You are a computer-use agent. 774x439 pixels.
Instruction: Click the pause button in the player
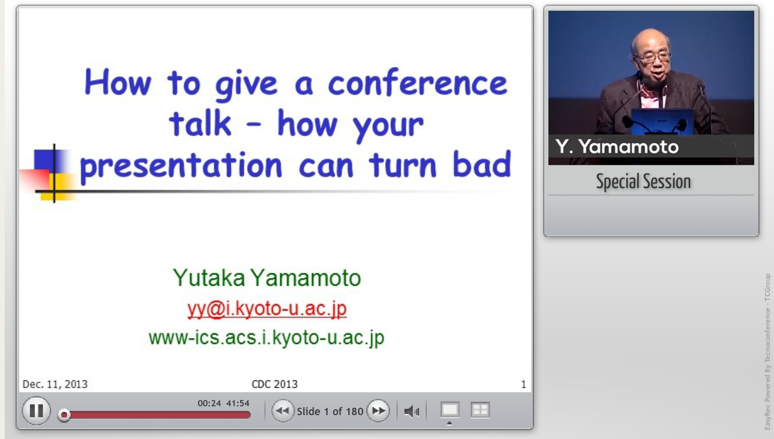36,410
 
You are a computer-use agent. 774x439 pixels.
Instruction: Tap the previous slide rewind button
283,410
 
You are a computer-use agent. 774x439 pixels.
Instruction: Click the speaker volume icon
412,411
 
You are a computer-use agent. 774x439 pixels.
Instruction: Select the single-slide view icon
450,410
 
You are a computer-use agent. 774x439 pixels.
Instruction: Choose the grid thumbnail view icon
480,410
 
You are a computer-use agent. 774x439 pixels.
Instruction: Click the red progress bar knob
64,415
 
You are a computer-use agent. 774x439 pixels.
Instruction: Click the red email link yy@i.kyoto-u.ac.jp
267,309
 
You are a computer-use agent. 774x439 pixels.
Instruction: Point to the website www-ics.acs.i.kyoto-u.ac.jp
267,338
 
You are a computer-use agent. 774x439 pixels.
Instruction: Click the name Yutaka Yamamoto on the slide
267,278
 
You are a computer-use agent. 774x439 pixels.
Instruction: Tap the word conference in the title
417,83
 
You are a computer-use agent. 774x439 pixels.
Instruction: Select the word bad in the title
482,164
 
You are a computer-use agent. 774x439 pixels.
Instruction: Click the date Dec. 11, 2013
55,384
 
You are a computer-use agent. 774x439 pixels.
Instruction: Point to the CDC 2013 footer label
274,384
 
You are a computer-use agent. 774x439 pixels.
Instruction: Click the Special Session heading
644,181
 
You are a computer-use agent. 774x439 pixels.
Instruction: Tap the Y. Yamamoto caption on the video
617,147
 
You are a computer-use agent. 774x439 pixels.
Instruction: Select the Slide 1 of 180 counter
330,411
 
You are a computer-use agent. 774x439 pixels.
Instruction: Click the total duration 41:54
238,403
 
